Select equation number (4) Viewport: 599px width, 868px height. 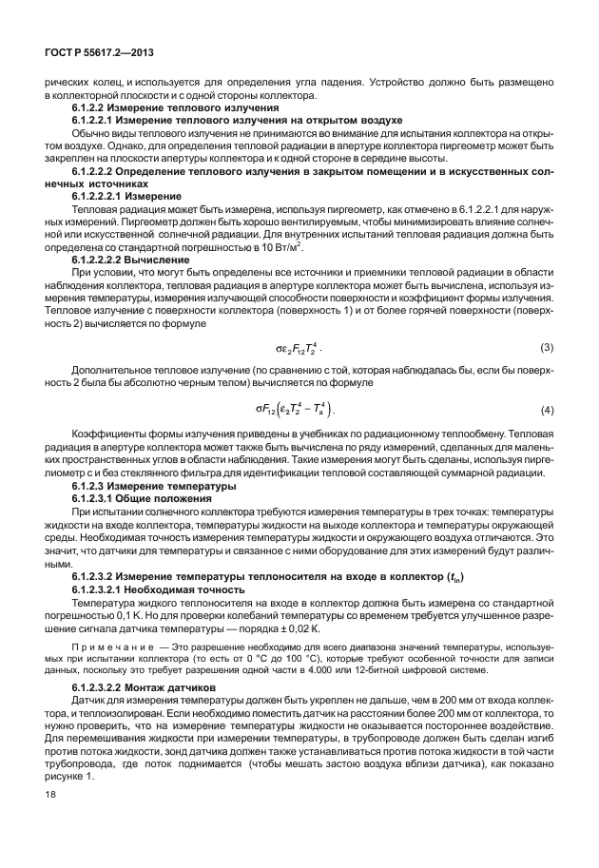click(547, 411)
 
